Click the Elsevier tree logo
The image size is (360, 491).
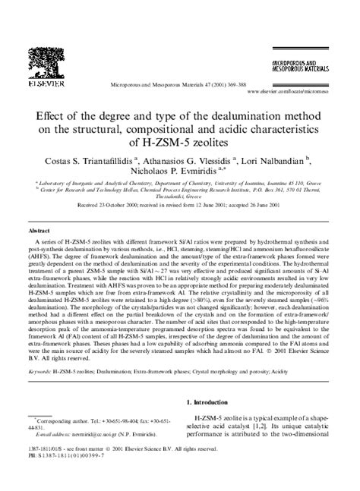(x=43, y=64)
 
